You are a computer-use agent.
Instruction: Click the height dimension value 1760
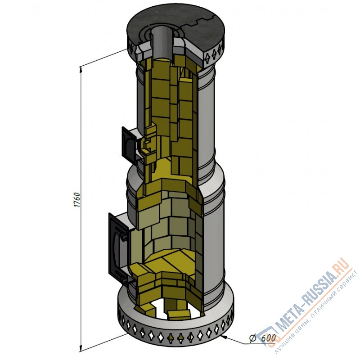[x=76, y=199]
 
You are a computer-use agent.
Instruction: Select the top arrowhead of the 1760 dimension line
[x=81, y=68]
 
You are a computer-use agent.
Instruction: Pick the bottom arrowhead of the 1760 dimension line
[x=81, y=348]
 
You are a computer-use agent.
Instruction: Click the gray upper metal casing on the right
[x=207, y=121]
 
